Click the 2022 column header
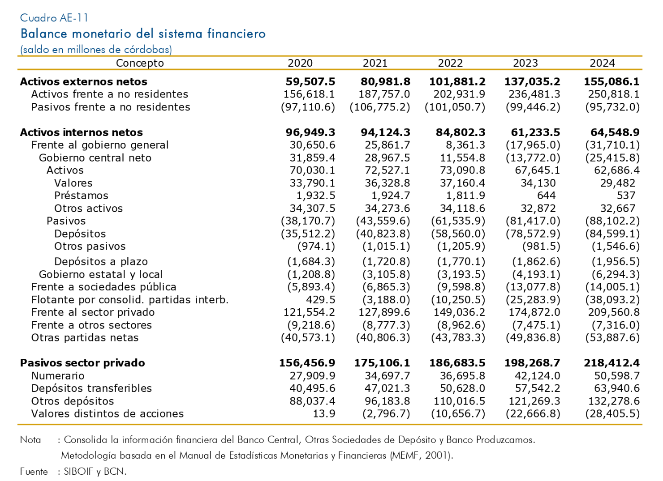(450, 63)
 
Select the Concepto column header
(140, 64)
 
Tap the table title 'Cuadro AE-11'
(54, 18)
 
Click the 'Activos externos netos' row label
(83, 81)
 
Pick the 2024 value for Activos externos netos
(611, 81)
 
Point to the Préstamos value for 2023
(547, 196)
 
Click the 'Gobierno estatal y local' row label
(101, 275)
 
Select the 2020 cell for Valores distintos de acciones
(324, 414)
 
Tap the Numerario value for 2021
(387, 376)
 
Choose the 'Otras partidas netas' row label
(85, 338)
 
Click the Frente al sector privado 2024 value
(614, 312)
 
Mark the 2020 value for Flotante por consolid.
(321, 300)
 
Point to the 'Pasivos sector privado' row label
(82, 363)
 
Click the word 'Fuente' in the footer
(34, 472)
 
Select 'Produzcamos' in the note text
(505, 440)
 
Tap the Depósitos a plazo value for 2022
(461, 262)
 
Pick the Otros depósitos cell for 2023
(534, 401)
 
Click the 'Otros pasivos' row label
(90, 247)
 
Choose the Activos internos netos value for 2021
(385, 132)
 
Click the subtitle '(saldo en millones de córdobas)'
(96, 49)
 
